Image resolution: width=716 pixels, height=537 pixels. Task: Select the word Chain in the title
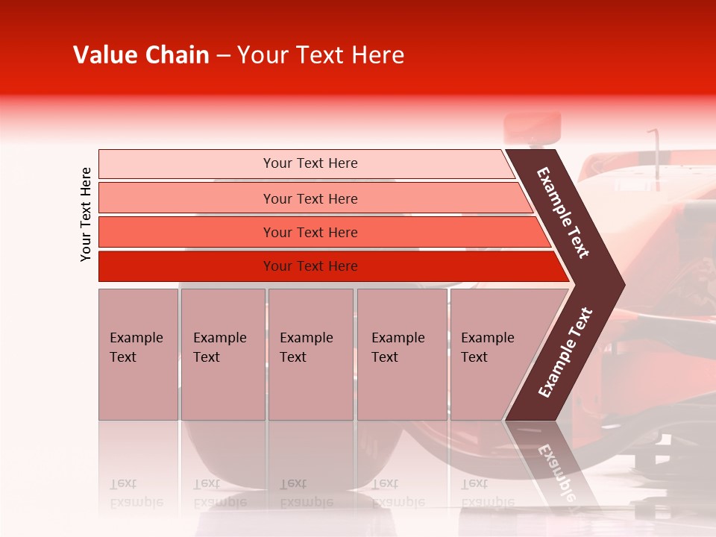(178, 55)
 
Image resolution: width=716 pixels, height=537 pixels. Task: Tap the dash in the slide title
(223, 56)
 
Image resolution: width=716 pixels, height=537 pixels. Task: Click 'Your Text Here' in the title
(321, 55)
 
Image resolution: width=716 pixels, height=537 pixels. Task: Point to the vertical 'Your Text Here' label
(86, 214)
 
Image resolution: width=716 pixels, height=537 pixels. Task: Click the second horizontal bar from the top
(310, 198)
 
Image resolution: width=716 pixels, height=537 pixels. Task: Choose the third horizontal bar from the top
(310, 232)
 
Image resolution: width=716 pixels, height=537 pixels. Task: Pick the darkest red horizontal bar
(310, 266)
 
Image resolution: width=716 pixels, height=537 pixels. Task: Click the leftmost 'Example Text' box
(138, 354)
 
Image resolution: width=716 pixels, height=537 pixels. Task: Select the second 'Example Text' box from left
(222, 354)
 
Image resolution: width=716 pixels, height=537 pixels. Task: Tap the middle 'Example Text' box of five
(310, 354)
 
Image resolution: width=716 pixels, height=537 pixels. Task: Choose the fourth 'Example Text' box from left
(401, 354)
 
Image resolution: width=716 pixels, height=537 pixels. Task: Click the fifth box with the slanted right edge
(492, 354)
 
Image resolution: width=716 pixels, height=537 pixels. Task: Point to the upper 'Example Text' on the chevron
(563, 213)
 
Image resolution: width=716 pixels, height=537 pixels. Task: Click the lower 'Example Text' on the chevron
(565, 352)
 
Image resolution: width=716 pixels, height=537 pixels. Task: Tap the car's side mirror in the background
(533, 126)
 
